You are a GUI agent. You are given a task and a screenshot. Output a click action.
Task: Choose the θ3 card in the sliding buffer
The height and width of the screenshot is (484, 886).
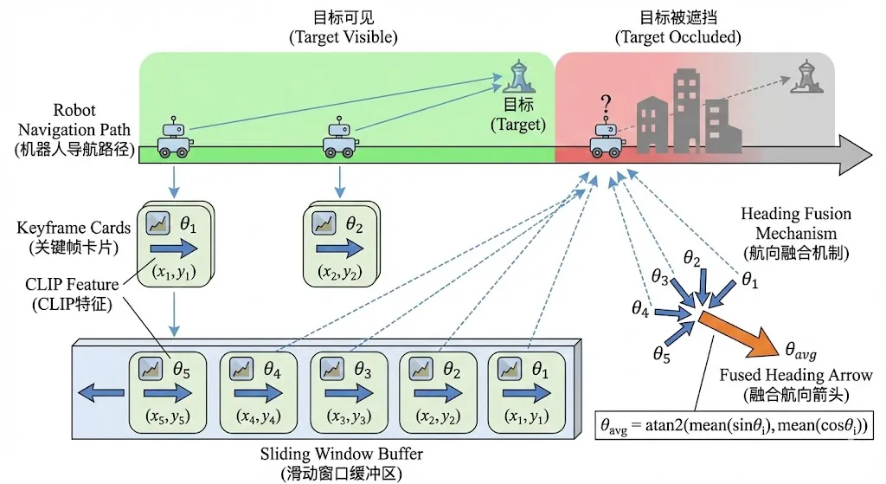click(x=346, y=393)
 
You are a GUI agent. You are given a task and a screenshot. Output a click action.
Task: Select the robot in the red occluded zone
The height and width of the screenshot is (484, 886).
click(x=607, y=139)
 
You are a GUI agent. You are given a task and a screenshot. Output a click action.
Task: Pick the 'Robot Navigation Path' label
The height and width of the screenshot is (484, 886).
click(x=69, y=130)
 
